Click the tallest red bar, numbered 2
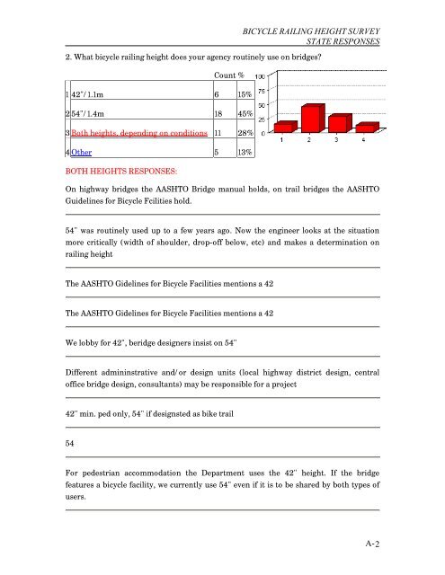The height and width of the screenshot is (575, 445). tap(312, 119)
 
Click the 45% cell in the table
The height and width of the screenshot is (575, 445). tap(245, 114)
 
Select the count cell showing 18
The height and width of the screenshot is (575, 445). tap(218, 114)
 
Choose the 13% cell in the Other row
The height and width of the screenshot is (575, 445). tap(245, 153)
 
